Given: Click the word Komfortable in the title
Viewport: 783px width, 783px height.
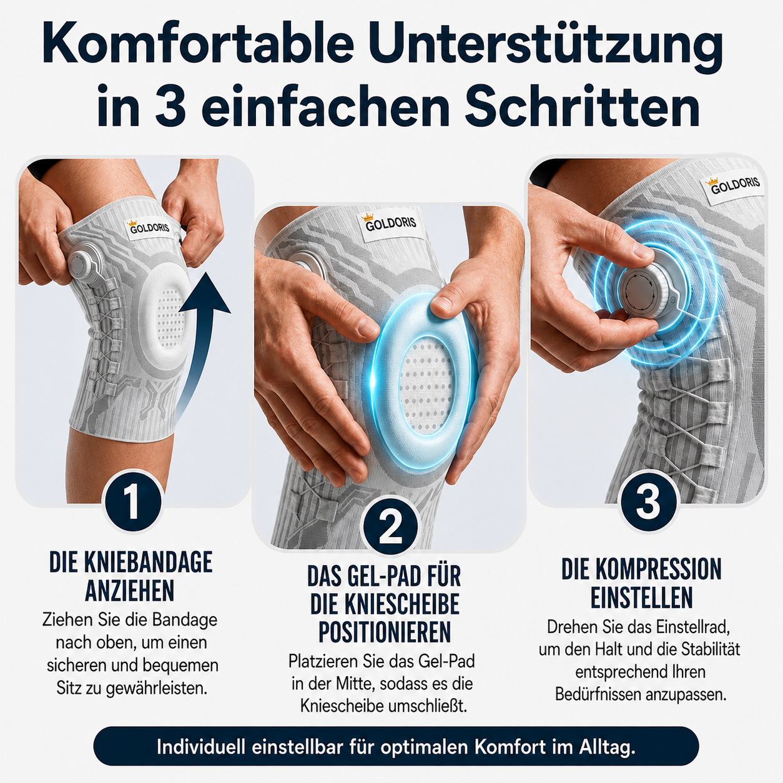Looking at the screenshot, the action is coord(199,44).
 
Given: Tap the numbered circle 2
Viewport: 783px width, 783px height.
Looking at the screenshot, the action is coord(390,526).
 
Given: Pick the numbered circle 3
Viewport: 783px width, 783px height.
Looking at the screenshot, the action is coord(648,503).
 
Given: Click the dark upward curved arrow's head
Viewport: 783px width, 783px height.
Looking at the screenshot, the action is coord(205,293).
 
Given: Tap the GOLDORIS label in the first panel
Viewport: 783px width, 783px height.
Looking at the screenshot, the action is coord(149,227).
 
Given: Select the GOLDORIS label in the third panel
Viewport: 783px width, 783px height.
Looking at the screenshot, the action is coord(735,185).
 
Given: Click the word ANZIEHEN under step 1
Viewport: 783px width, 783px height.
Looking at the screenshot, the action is coord(130,591).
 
